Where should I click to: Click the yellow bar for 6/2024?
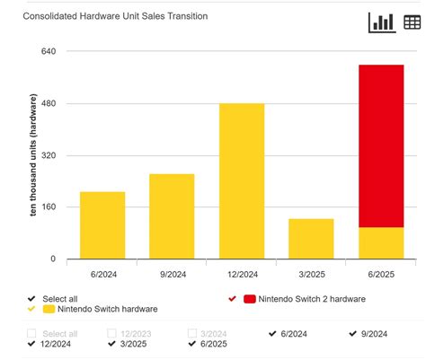coord(102,225)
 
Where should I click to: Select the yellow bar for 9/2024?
coord(172,216)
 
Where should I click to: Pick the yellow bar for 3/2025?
coord(311,239)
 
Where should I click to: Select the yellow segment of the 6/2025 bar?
coord(381,243)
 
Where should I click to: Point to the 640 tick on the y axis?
coord(49,51)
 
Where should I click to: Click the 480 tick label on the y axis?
coord(49,103)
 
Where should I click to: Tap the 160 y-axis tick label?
coord(49,207)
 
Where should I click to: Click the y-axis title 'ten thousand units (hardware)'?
coord(33,155)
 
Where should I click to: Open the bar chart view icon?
coord(381,22)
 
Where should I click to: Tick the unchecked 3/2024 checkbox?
coord(192,333)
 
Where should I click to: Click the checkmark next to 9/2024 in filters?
coord(354,333)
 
